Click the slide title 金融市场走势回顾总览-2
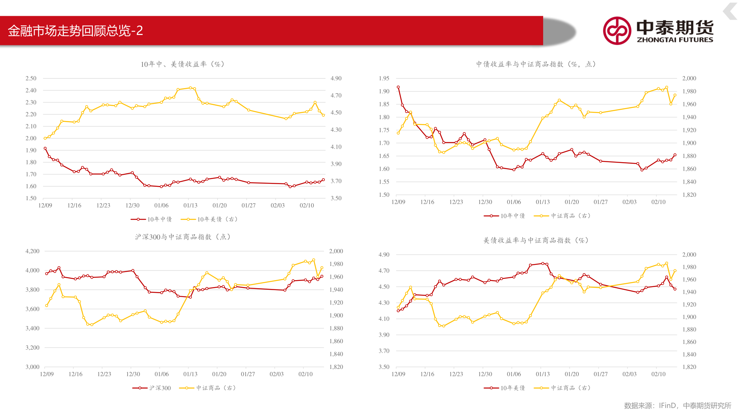pos(75,31)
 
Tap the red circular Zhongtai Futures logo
pos(617,31)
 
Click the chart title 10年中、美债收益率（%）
pos(183,64)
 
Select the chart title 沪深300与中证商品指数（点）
pos(183,237)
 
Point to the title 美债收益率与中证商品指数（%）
pos(536,241)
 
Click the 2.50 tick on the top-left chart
pos(31,78)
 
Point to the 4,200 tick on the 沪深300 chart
pos(32,251)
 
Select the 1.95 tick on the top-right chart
pos(384,78)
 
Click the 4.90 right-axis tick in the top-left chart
pos(336,78)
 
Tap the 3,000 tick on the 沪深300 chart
pos(32,367)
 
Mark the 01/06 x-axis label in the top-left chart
pos(161,206)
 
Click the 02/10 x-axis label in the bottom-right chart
pos(658,374)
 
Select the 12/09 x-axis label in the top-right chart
pos(398,202)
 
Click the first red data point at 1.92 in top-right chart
pos(398,87)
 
